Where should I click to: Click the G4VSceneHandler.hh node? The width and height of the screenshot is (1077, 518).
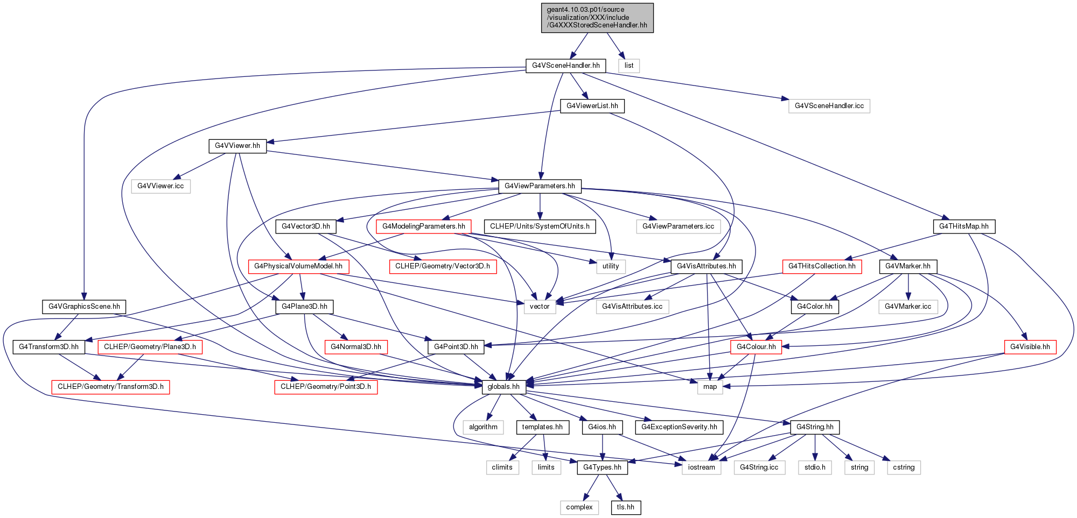pos(565,66)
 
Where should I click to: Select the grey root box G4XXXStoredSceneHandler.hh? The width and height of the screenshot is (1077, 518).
pos(597,18)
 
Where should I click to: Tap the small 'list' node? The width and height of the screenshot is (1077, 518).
pos(629,66)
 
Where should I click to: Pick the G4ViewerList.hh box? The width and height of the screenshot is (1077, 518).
pos(592,106)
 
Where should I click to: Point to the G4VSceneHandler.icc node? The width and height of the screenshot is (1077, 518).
pos(829,106)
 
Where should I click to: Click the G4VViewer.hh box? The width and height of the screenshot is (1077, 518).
pos(237,146)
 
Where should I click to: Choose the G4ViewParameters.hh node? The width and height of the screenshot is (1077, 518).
pos(540,186)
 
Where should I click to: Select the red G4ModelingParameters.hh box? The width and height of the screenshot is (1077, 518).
pos(424,226)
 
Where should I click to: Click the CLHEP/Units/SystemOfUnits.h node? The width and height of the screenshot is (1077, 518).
pos(540,226)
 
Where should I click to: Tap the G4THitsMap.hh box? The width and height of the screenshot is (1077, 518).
pos(964,226)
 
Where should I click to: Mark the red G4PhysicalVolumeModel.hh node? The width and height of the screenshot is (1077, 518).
pos(298,266)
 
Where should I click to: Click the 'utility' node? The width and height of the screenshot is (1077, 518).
pos(611,266)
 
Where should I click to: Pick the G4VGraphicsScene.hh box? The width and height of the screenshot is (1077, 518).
pos(84,307)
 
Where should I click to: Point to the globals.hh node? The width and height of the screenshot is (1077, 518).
pos(503,387)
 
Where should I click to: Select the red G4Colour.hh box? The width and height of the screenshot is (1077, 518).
pos(756,347)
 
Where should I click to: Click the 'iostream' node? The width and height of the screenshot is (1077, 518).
pos(702,467)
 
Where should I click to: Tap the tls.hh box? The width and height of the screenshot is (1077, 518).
pos(626,507)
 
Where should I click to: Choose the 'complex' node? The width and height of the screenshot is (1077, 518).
pos(579,507)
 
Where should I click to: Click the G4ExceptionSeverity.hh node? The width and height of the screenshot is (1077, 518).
pos(679,427)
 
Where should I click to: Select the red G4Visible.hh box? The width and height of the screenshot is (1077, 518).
pos(1030,347)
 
